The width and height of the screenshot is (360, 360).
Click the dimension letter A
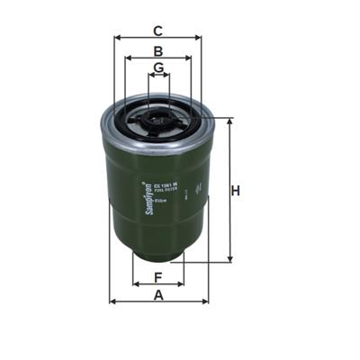click(158, 294)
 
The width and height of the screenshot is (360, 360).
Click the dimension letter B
click(157, 51)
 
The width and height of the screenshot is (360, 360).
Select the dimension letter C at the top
click(157, 29)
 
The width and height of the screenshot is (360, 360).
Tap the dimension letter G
click(158, 68)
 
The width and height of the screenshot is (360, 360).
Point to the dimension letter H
click(236, 191)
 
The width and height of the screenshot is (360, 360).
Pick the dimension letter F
click(157, 276)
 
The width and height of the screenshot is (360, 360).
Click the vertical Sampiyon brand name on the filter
click(146, 196)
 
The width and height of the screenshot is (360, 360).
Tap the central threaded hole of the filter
click(158, 115)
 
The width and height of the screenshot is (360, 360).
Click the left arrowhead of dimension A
click(112, 301)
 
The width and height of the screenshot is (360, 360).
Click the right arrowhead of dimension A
click(205, 301)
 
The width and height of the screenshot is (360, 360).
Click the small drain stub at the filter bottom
click(158, 255)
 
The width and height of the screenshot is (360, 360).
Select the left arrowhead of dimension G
click(148, 76)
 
